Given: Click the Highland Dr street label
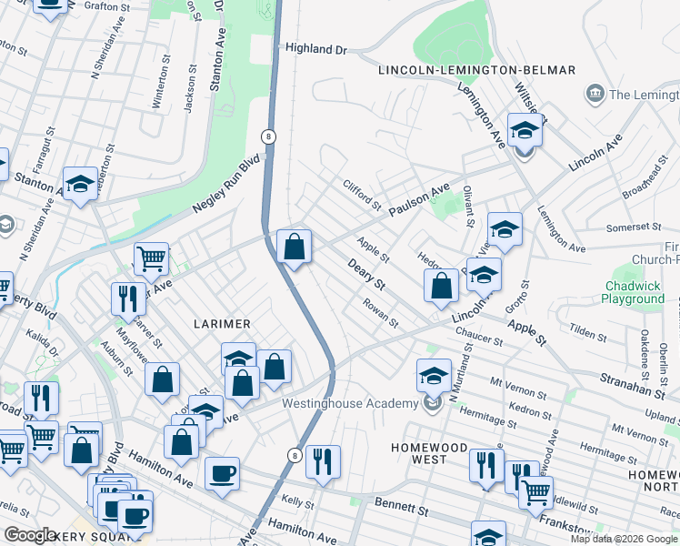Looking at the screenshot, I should [316, 49].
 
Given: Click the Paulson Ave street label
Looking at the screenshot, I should [420, 198].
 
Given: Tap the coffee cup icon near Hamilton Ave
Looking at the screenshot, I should [222, 473].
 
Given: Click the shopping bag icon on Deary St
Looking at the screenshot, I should [294, 247].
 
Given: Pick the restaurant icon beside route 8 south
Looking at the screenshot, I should [323, 461].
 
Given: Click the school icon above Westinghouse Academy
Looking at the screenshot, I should [435, 375].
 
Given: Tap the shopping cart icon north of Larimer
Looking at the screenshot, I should [151, 258].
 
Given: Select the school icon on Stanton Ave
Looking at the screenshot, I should [80, 184].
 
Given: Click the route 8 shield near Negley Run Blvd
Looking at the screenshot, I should [267, 136].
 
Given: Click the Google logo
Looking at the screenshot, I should [31, 535].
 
